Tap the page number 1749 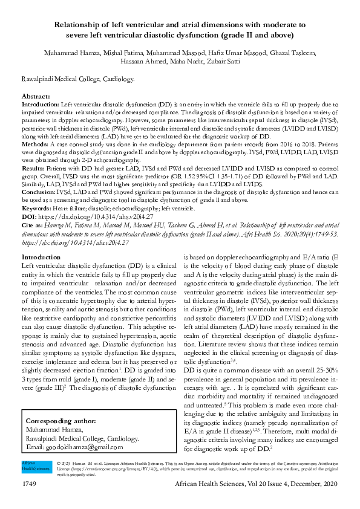tap(31, 485)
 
